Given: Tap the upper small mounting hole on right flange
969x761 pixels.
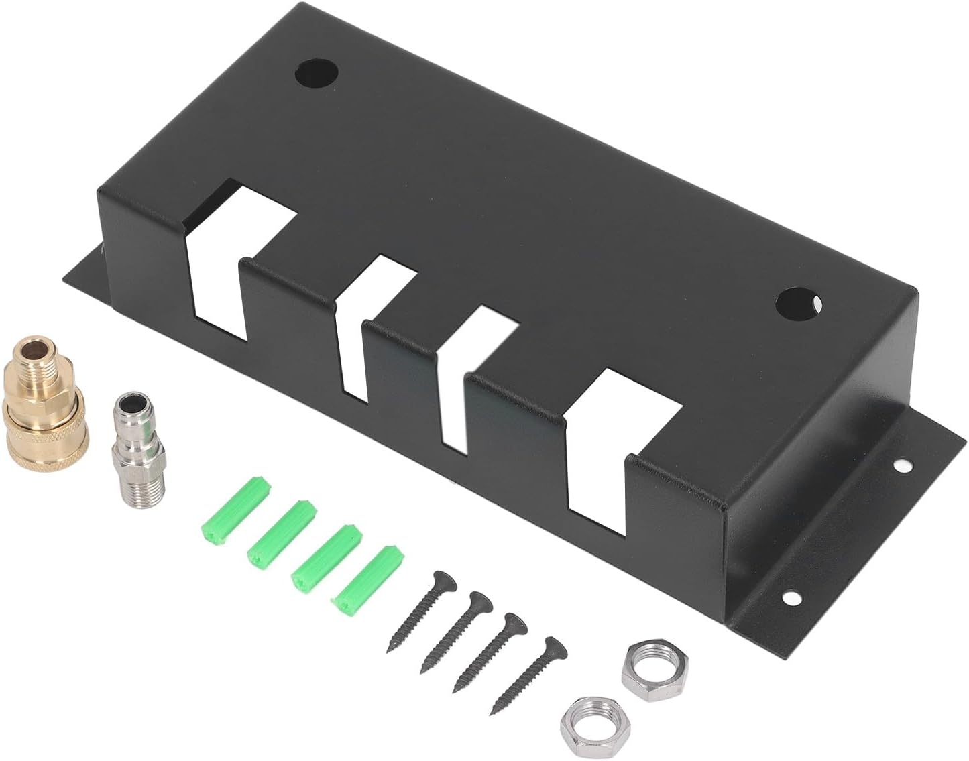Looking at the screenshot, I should click(x=903, y=464).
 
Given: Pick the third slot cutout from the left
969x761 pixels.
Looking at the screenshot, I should click(x=469, y=375).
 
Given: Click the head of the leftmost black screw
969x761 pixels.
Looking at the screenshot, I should click(x=441, y=577).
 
